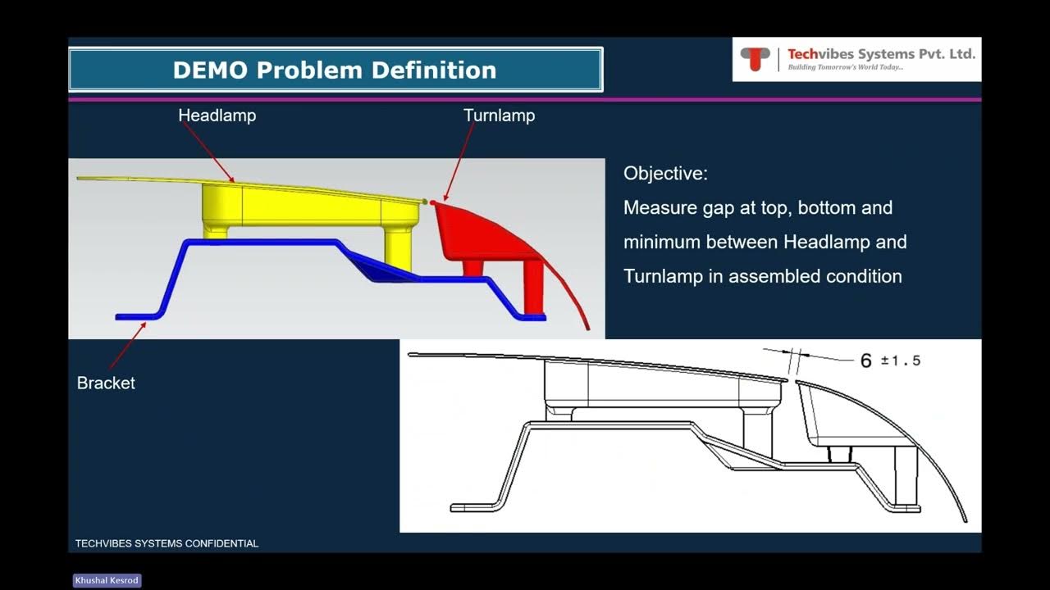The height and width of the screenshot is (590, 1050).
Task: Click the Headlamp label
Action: point(217,116)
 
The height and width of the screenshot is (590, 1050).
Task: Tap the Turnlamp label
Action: point(499,116)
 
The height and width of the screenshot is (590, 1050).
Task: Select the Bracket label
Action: point(106,383)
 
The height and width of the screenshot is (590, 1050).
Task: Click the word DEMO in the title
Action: point(211,70)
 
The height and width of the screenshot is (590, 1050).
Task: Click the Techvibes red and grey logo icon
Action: point(755,59)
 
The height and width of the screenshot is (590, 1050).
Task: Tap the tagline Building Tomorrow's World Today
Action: point(845,67)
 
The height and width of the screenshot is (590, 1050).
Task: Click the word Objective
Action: point(665,174)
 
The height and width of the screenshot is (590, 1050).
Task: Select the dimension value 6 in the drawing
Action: point(865,361)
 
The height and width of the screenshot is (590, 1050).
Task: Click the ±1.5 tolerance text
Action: point(901,361)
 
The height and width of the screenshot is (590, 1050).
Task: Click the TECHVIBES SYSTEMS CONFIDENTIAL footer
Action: point(167,543)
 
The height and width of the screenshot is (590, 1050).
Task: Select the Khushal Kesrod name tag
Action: point(107,580)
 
